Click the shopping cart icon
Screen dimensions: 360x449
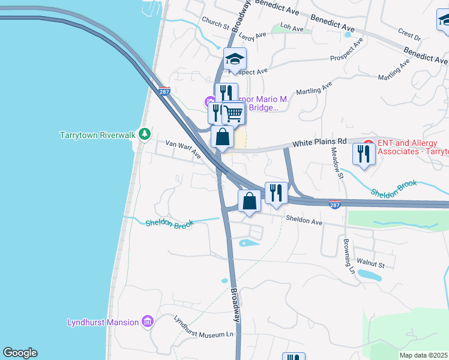(x=233, y=112)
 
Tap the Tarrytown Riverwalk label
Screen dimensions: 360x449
(x=98, y=135)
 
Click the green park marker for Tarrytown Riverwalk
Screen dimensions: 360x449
(x=144, y=134)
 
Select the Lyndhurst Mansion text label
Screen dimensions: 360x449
(x=103, y=323)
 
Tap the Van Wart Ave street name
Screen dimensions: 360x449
(x=183, y=149)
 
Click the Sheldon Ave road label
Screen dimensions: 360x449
(x=304, y=221)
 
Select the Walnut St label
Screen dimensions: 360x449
(x=370, y=262)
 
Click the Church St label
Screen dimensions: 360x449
(x=215, y=23)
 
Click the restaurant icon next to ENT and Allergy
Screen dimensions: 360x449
(x=364, y=154)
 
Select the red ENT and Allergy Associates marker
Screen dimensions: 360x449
(x=369, y=144)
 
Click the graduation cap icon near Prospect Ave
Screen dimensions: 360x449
(x=235, y=59)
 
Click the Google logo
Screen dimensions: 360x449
(x=20, y=353)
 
